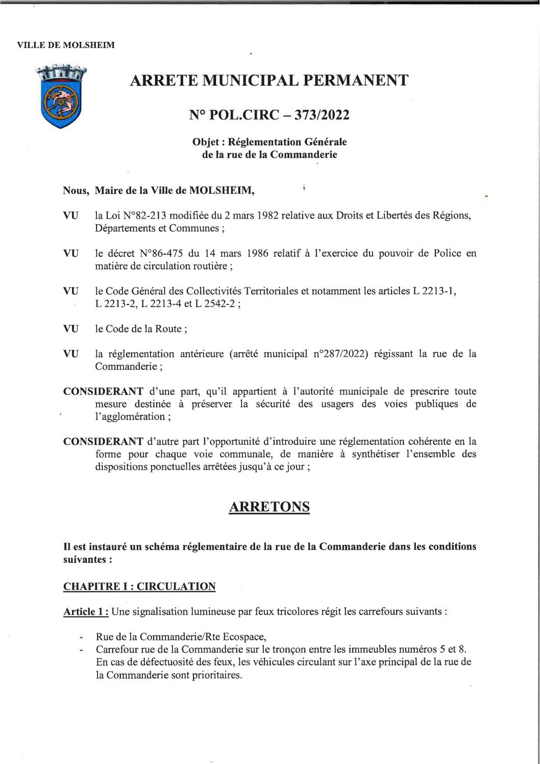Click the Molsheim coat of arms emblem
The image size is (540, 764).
pyautogui.click(x=61, y=96)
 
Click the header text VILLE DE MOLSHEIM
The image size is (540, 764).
pyautogui.click(x=66, y=45)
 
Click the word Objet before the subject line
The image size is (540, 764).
pyautogui.click(x=206, y=141)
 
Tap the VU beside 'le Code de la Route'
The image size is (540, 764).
pyautogui.click(x=70, y=329)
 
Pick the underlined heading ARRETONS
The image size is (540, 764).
pyautogui.click(x=269, y=507)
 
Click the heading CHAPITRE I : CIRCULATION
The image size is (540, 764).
pyautogui.click(x=139, y=586)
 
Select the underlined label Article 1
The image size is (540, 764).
pyautogui.click(x=85, y=611)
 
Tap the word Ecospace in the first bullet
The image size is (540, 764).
pyautogui.click(x=241, y=637)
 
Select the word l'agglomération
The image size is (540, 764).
pyautogui.click(x=130, y=417)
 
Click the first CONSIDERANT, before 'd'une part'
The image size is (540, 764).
pyautogui.click(x=103, y=392)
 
